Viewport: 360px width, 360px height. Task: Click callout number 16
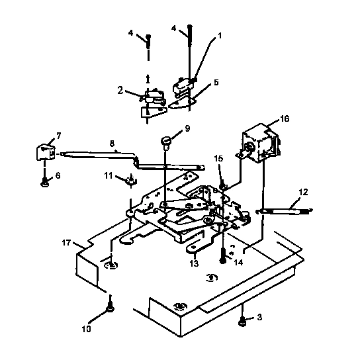point(285,119)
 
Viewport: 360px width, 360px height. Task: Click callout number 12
point(304,192)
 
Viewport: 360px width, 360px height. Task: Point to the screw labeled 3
point(243,320)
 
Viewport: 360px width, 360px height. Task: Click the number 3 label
point(260,318)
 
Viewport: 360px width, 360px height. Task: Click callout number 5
point(215,83)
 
